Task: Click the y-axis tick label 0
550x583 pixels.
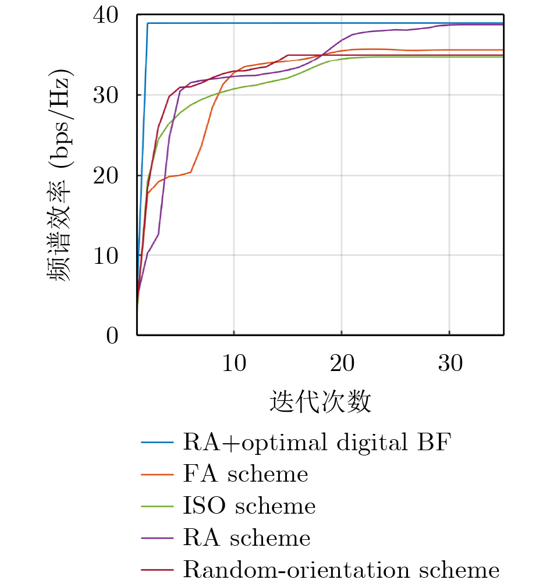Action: click(114, 335)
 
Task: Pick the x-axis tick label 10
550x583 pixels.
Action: click(233, 363)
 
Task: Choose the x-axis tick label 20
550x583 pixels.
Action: click(342, 363)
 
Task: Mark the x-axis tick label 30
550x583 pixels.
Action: click(450, 363)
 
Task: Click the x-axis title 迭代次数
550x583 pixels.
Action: click(320, 402)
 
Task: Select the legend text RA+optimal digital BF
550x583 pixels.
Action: click(317, 443)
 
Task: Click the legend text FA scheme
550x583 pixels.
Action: click(245, 474)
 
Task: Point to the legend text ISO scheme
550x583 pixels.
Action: click(249, 506)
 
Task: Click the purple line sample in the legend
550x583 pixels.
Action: click(157, 537)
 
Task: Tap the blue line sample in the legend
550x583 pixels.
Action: click(157, 443)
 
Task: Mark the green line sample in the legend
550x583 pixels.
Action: click(157, 506)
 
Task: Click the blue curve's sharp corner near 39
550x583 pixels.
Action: click(148, 23)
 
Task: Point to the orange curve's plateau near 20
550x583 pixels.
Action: click(178, 175)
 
